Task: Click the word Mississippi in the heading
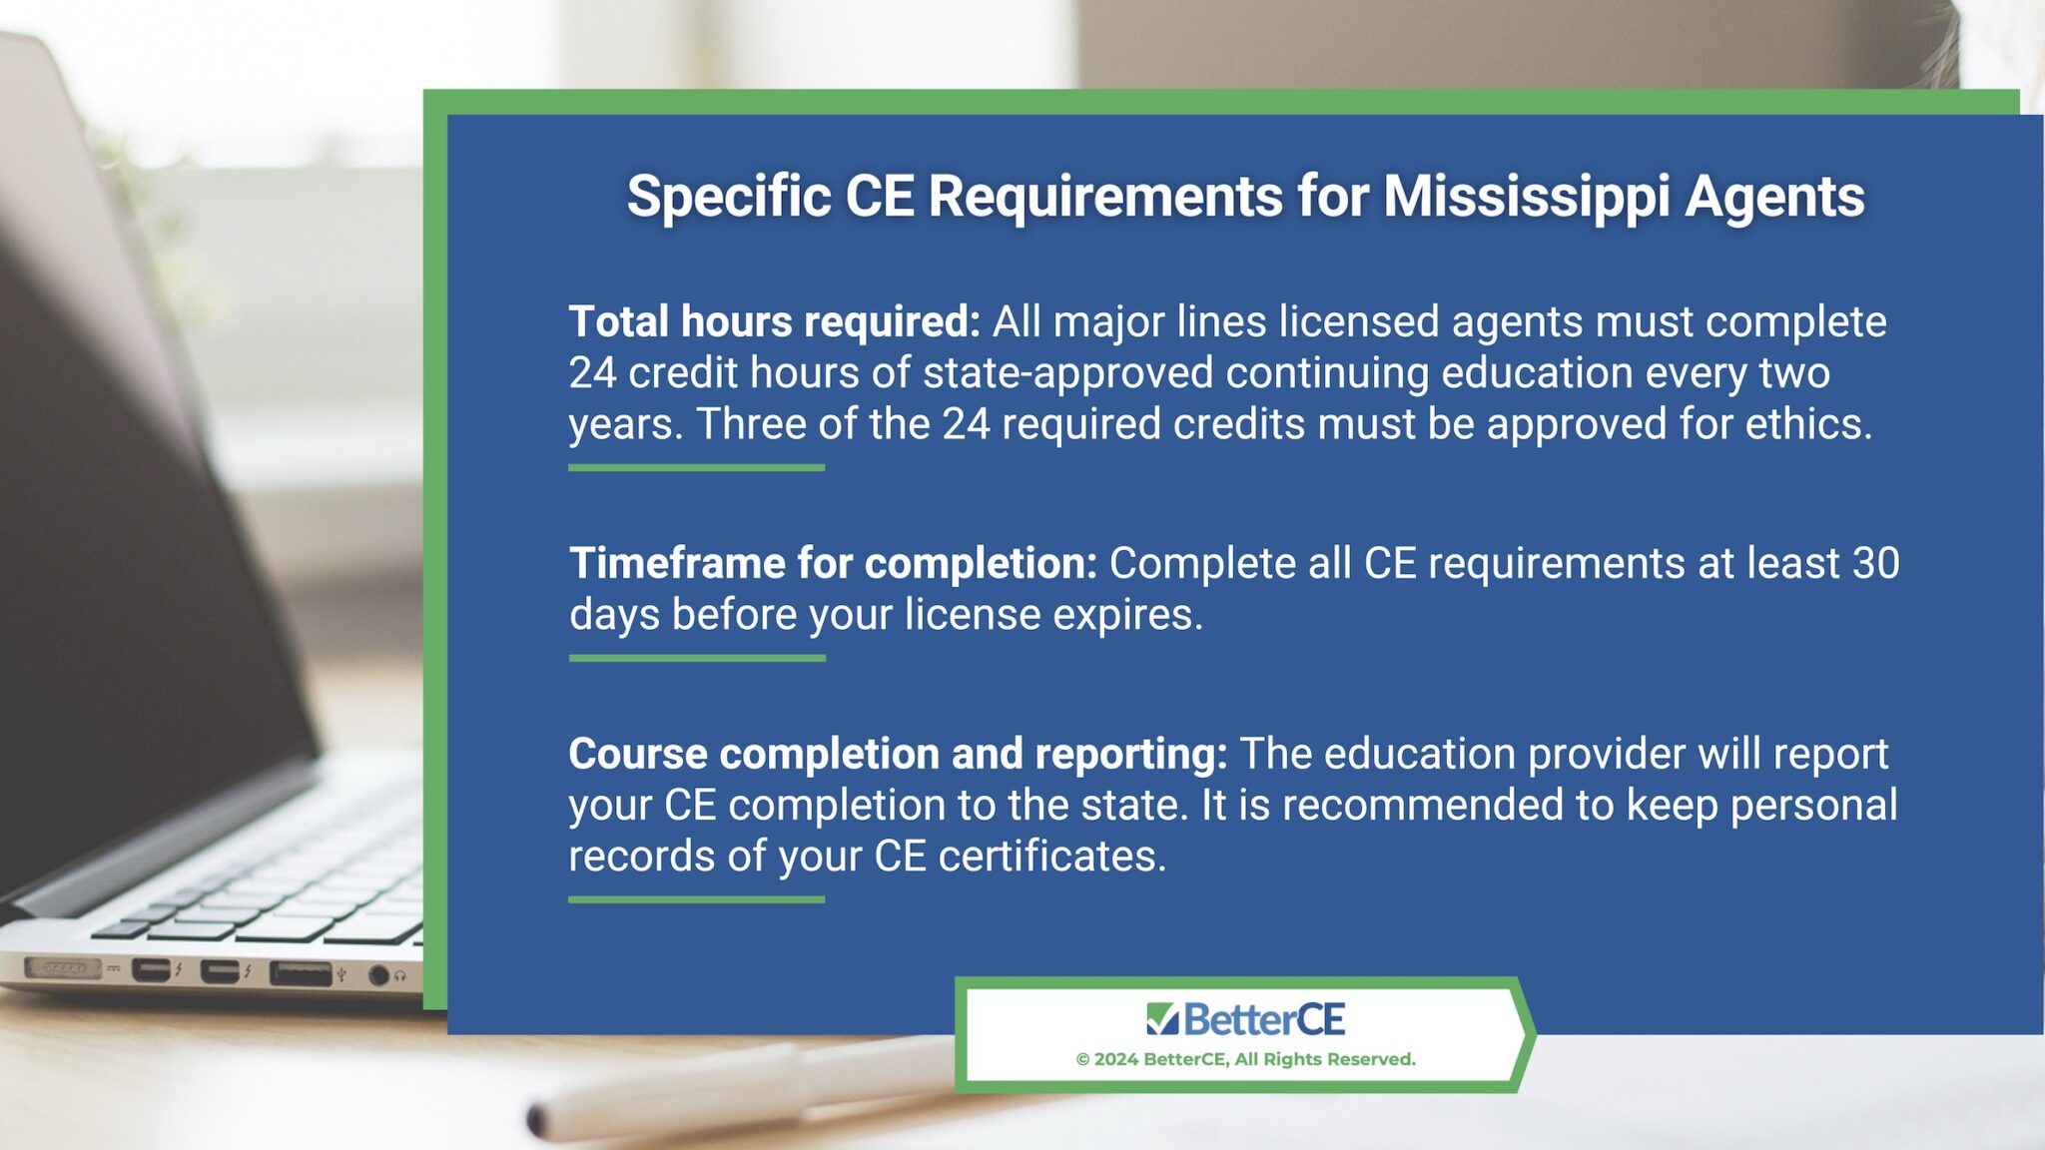[1526, 197]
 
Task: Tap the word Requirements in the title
[1105, 197]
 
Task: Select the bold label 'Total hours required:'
[775, 322]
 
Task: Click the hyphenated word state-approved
[1067, 373]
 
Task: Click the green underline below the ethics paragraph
[696, 467]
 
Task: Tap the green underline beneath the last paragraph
[696, 899]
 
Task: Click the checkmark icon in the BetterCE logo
[1162, 1019]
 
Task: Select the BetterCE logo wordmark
[1264, 1019]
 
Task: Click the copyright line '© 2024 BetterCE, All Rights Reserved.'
[1245, 1059]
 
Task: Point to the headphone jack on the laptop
[378, 975]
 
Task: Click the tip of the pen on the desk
[537, 1120]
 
